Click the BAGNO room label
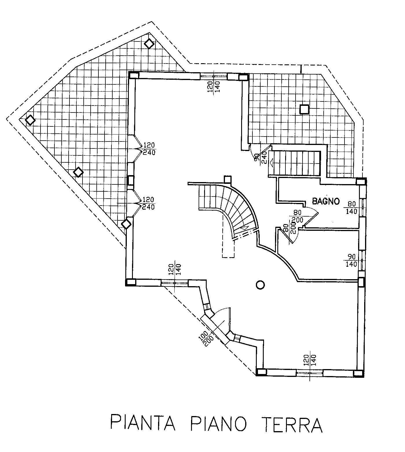click(326, 201)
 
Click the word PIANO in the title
click(219, 424)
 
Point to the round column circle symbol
click(260, 285)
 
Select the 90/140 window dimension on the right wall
click(351, 260)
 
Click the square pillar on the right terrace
click(304, 109)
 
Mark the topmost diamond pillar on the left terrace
click(149, 44)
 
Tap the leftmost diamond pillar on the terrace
click(30, 120)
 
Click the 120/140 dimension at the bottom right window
click(310, 360)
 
